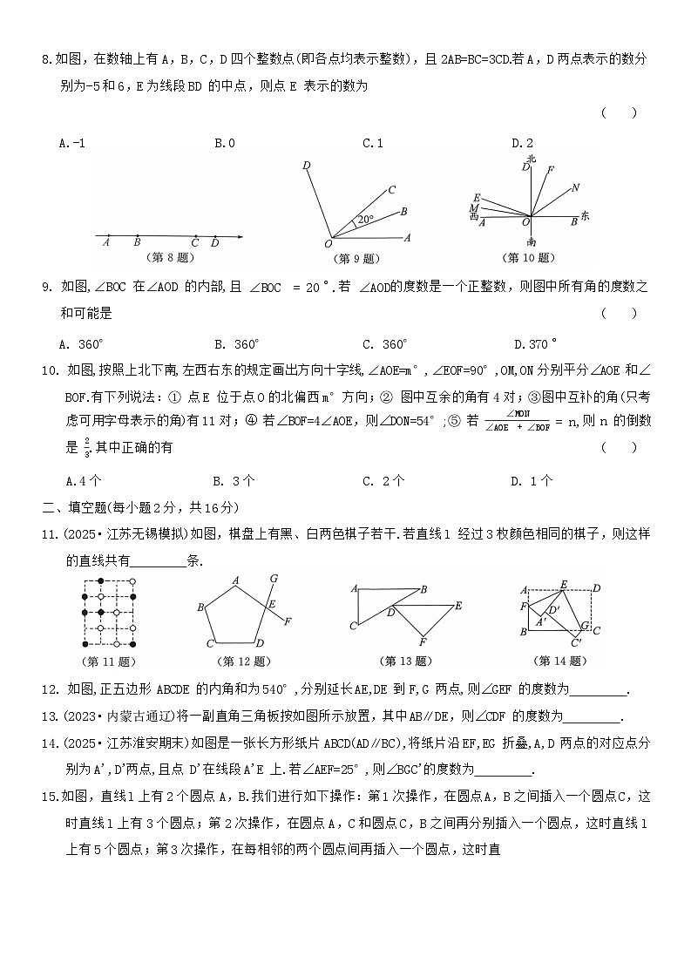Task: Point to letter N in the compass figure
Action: [575, 187]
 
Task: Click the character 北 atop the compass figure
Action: [531, 159]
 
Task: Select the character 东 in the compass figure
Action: [585, 215]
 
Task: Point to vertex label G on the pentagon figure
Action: [274, 578]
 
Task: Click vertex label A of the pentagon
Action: [235, 580]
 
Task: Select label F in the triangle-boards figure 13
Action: [423, 642]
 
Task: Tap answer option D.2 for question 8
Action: [522, 143]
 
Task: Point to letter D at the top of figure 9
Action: [306, 165]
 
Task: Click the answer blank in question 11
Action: [159, 561]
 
